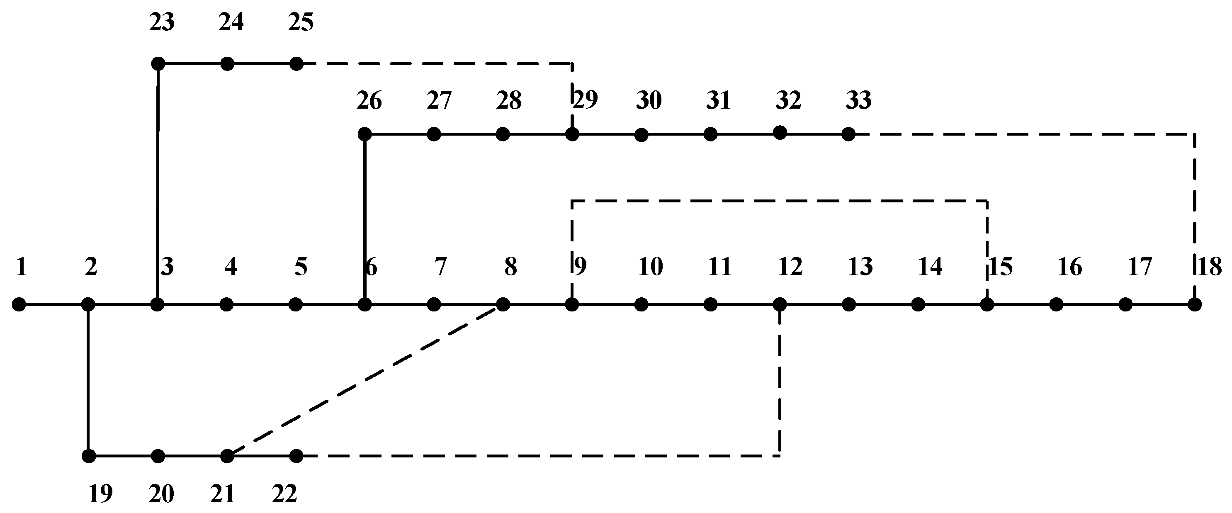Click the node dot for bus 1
tap(19, 304)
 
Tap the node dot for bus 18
tap(1194, 304)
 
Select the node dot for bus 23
tap(158, 63)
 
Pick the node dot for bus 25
tap(296, 63)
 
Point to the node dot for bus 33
tap(848, 134)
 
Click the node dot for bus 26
tap(364, 134)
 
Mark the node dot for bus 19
tap(88, 456)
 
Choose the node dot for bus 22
tap(296, 456)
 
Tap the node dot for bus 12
tap(780, 304)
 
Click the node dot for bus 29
tap(572, 134)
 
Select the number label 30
tap(649, 100)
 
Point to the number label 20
tap(161, 494)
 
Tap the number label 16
tap(1070, 267)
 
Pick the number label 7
tap(440, 267)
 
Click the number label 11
tap(719, 267)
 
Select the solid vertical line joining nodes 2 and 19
tap(88, 380)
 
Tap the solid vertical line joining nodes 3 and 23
tap(157, 184)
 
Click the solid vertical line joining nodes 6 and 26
tap(364, 219)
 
